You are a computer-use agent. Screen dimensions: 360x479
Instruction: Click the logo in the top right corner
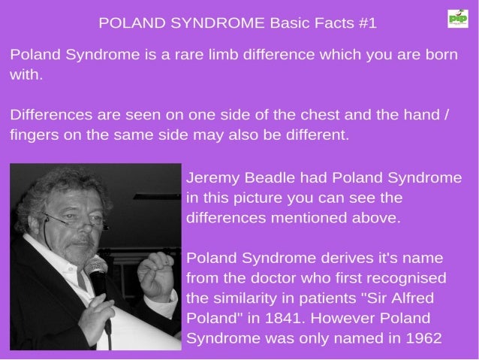point(456,18)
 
